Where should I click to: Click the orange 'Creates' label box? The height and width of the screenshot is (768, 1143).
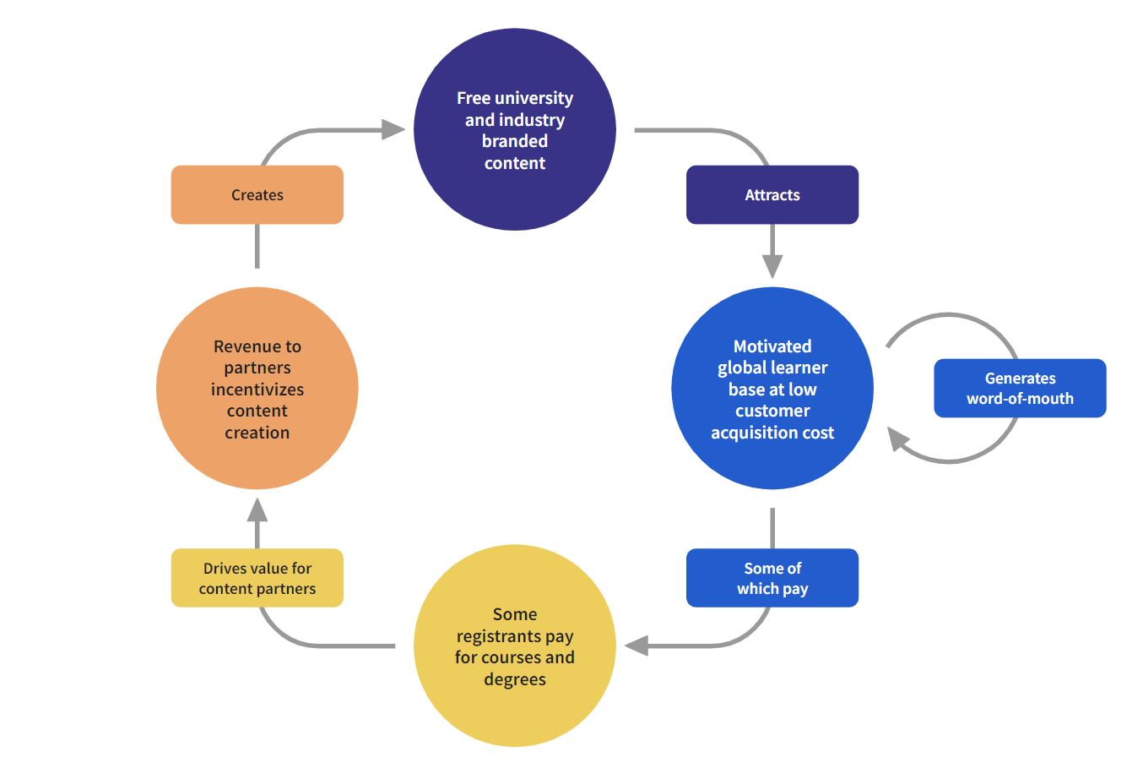tap(257, 195)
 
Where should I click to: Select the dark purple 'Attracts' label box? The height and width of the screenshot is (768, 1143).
tap(772, 195)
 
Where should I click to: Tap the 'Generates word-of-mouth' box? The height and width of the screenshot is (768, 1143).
tap(1019, 389)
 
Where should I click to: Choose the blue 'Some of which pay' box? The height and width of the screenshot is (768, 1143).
tap(772, 578)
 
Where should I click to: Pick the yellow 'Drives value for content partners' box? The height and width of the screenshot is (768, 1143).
tap(257, 578)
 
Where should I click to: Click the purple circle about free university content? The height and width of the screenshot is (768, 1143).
tap(514, 129)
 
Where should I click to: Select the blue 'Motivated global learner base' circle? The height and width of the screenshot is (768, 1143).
tap(772, 389)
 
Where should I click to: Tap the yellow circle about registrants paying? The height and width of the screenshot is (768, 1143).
tap(514, 646)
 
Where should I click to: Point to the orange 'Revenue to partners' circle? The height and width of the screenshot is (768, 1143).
tap(257, 389)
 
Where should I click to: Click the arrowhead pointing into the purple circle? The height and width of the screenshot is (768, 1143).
tap(393, 129)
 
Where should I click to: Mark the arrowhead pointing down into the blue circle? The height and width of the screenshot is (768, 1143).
tap(772, 265)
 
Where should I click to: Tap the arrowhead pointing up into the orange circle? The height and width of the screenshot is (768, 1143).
tap(257, 510)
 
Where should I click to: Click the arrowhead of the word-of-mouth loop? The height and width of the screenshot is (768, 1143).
tap(898, 439)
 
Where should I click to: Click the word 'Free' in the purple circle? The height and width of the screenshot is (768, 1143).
tap(474, 98)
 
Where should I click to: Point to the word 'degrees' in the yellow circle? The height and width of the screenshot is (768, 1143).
tap(514, 679)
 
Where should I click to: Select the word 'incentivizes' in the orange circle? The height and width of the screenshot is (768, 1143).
tap(257, 389)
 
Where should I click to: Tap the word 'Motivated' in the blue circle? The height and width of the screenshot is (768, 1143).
tap(772, 346)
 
